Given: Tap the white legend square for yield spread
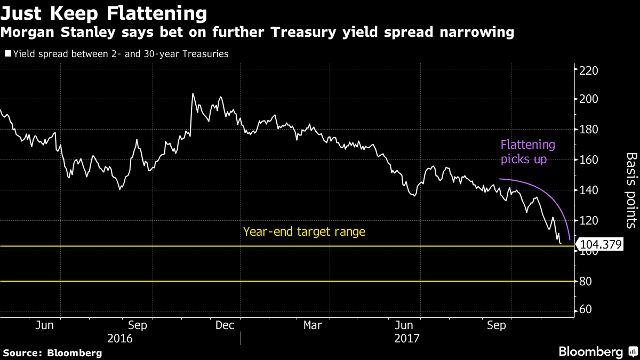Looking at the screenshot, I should (x=7, y=53).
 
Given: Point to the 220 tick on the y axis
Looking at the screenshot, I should (x=588, y=70).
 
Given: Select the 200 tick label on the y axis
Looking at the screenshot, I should (x=588, y=99).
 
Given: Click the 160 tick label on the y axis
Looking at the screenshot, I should (x=588, y=160).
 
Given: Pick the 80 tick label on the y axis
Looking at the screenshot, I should (x=586, y=282).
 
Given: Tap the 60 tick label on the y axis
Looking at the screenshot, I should (x=586, y=310).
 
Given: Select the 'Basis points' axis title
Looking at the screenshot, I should (x=631, y=190).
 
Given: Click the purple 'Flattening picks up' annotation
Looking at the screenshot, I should (x=527, y=152).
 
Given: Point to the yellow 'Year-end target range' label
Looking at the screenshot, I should (x=304, y=232).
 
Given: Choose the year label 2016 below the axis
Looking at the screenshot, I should (x=121, y=338).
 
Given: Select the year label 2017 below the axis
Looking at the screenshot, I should (x=407, y=338).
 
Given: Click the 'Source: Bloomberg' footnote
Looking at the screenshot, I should (x=52, y=353).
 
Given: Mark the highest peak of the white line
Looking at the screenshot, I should (x=193, y=94).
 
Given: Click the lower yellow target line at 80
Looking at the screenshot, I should (x=288, y=281).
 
